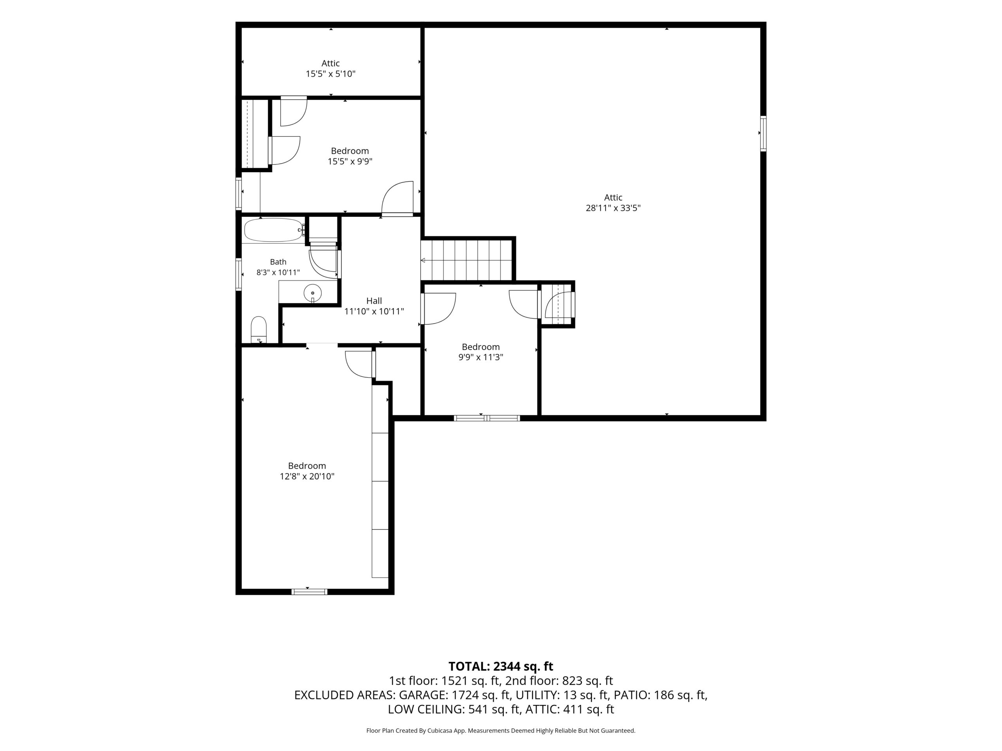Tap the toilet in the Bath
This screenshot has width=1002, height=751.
click(259, 330)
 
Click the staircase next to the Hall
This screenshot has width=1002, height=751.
click(467, 260)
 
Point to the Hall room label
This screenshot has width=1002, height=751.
click(374, 300)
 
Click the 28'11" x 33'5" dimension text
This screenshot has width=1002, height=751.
click(613, 208)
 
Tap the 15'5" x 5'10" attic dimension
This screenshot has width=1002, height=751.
click(331, 74)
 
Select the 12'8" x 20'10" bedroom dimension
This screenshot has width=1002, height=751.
click(307, 476)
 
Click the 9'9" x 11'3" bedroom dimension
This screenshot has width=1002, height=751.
click(481, 357)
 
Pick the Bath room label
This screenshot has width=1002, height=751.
click(278, 262)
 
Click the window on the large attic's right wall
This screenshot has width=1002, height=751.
click(763, 133)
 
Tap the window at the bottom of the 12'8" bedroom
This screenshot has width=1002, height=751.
click(309, 591)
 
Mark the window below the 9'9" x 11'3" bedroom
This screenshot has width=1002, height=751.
click(487, 418)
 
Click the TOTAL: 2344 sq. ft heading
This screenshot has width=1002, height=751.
click(501, 667)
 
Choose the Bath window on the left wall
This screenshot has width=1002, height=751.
click(238, 274)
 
